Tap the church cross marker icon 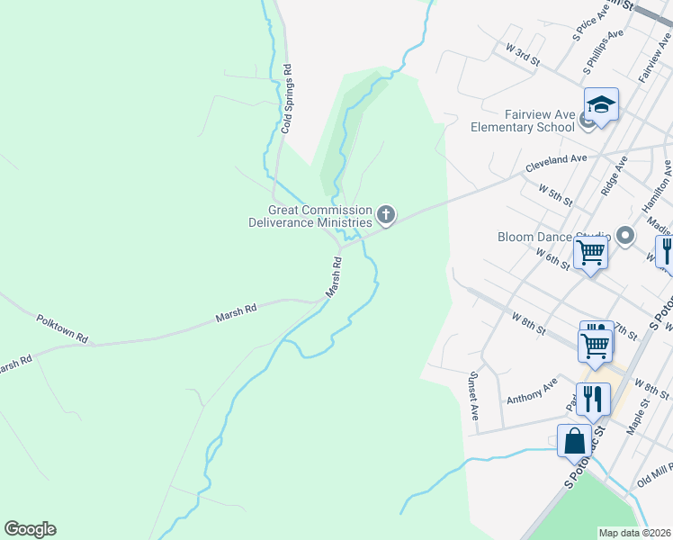(386, 214)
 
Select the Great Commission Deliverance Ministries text (310, 216)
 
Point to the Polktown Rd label (62, 328)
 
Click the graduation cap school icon (601, 106)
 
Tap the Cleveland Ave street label (556, 164)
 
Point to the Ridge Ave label (614, 175)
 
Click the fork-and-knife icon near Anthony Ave (593, 399)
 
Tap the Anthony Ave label (532, 394)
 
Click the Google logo (30, 529)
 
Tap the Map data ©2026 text (635, 533)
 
